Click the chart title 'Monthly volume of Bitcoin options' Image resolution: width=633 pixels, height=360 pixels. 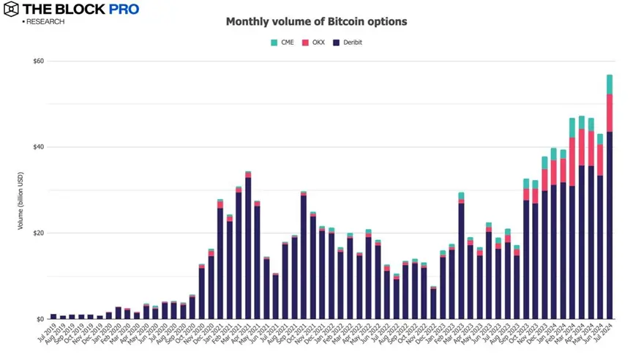[x=316, y=22]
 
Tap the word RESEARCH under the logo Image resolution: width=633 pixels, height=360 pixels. [x=45, y=22]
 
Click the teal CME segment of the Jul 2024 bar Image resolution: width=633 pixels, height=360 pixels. [x=609, y=84]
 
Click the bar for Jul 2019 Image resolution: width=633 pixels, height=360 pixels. [x=53, y=316]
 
